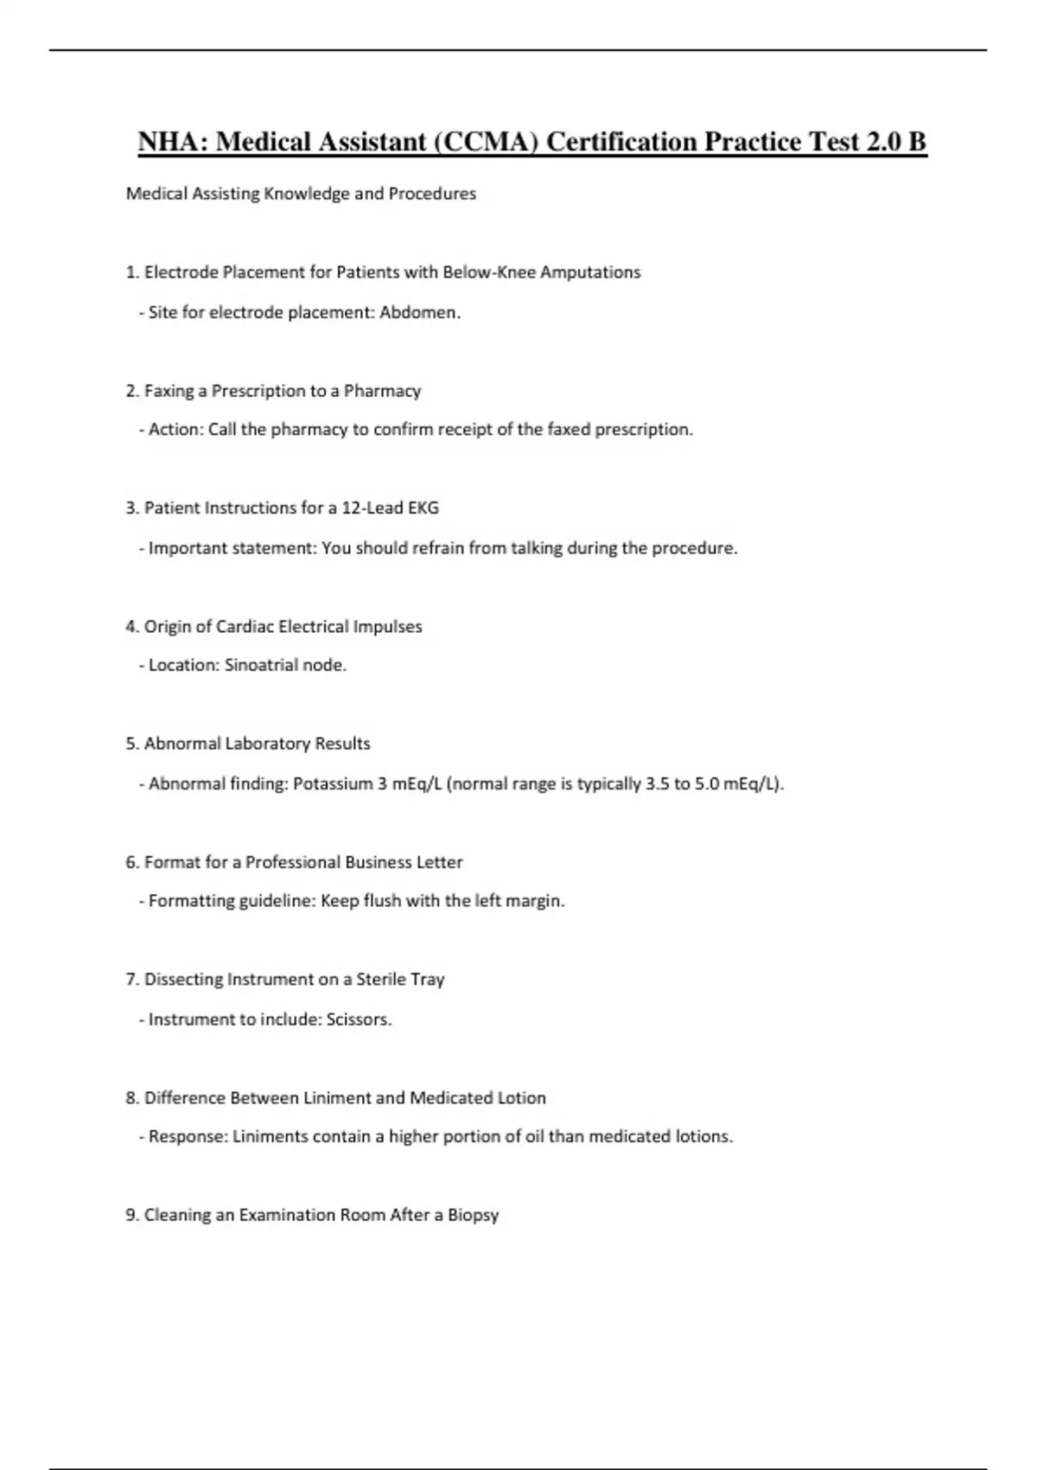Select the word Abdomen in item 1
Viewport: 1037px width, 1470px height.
(419, 312)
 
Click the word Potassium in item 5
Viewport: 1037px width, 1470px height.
(333, 784)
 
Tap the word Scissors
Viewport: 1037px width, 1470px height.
(359, 1019)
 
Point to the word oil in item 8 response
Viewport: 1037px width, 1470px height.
(535, 1137)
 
